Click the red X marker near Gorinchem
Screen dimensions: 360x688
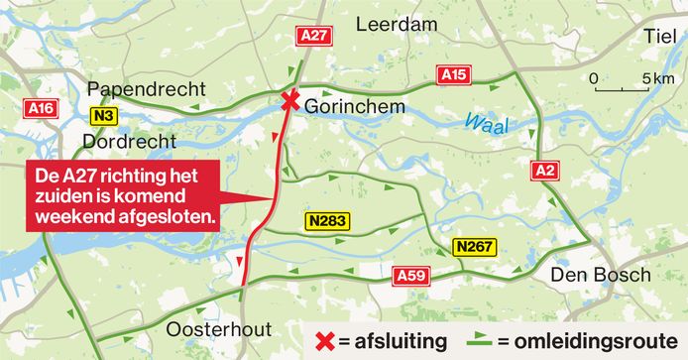click(289, 100)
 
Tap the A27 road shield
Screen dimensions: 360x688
click(312, 36)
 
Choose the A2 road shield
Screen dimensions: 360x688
click(543, 170)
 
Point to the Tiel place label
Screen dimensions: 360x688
click(658, 36)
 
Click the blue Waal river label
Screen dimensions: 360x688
click(483, 122)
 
